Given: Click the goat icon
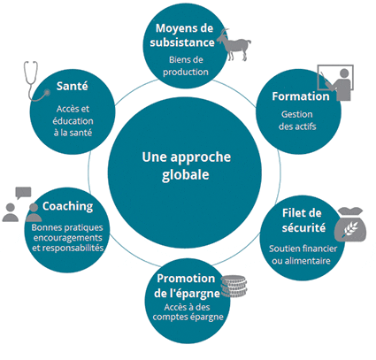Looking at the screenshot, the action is tap(234, 45).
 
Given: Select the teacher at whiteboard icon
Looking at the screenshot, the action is tap(335, 82).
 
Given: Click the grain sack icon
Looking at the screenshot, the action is tap(350, 224).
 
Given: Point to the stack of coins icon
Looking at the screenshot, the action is tap(234, 286).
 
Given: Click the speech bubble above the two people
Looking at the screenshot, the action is tap(23, 193).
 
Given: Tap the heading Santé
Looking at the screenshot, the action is tap(73, 86).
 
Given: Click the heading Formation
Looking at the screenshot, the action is tap(301, 96).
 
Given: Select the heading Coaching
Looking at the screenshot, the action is tap(67, 206).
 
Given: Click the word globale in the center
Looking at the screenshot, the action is tap(186, 174).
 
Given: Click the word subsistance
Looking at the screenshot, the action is tap(182, 42).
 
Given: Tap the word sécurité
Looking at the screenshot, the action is tap(303, 227).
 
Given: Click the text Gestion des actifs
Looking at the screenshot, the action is tap(297, 120).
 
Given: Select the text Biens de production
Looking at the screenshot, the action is tap(186, 65).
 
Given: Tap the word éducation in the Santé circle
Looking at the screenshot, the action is tap(73, 121).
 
